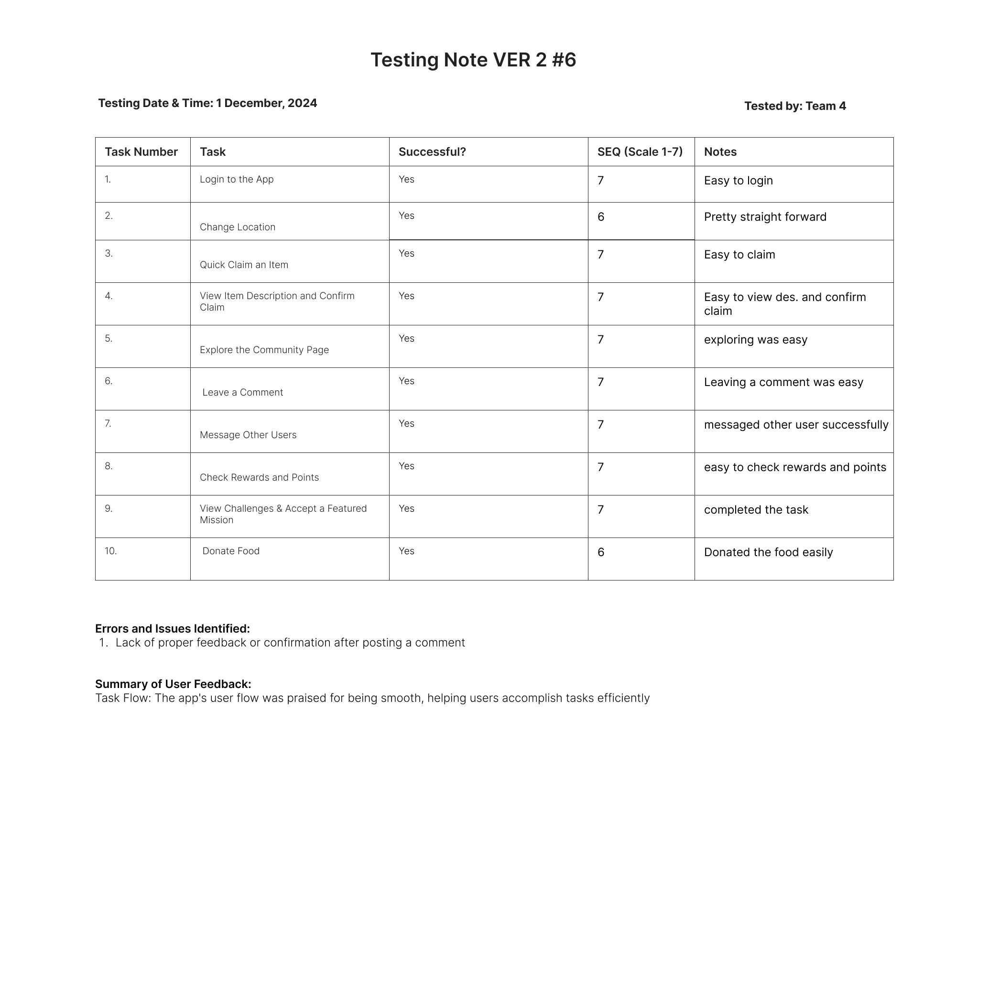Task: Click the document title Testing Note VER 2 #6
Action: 473,60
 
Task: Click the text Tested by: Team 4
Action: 794,106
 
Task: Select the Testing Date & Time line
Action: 207,103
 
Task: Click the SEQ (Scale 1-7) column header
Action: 640,151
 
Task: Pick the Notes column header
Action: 720,151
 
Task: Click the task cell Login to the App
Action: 236,180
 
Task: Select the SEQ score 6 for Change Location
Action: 601,217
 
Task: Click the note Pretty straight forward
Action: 764,217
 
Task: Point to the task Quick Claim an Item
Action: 243,265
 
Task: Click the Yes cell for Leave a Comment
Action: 406,381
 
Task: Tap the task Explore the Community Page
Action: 264,350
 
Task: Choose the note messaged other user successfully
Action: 795,425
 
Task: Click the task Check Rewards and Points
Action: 259,477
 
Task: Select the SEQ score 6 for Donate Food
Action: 601,552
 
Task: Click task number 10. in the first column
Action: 111,551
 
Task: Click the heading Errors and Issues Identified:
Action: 173,628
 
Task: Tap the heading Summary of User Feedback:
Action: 173,684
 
